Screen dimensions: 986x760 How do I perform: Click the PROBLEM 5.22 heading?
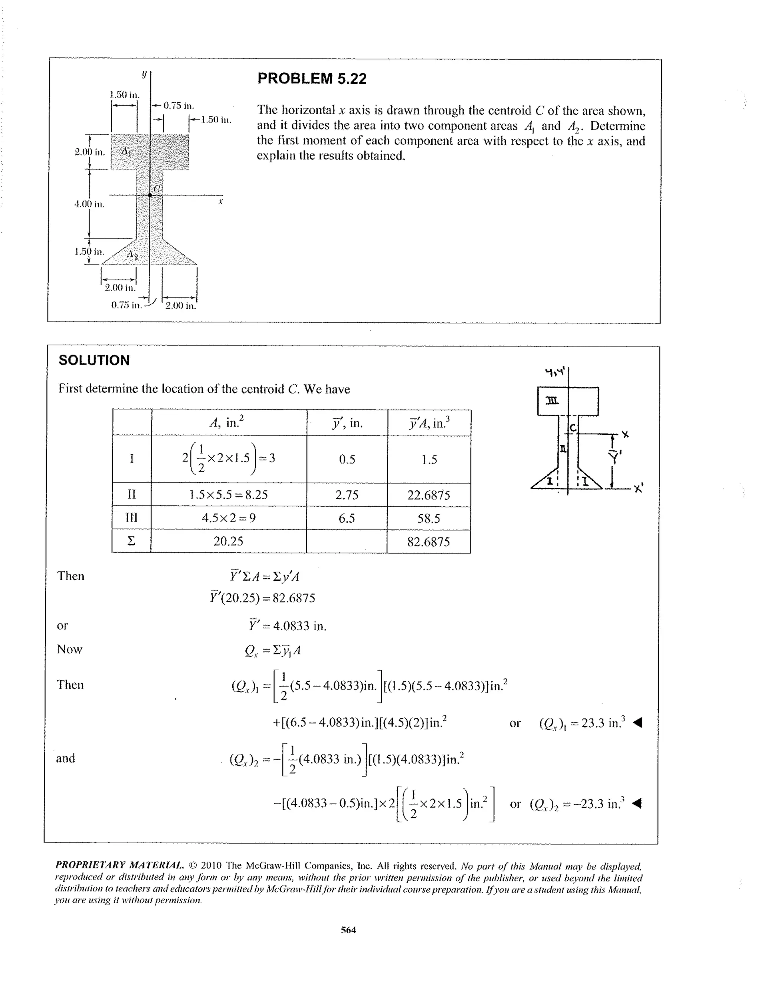coord(312,79)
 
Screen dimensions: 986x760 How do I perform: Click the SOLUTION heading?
coord(94,360)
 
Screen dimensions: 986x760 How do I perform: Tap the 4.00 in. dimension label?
coord(89,204)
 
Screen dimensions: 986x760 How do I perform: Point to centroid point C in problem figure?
coord(150,195)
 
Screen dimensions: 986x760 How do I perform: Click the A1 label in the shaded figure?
coord(127,151)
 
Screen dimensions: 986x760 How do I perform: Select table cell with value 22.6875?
coord(429,495)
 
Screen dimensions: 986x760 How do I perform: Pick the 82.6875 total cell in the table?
coord(429,542)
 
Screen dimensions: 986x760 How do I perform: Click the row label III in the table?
coord(131,518)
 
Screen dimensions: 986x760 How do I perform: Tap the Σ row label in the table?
coord(131,541)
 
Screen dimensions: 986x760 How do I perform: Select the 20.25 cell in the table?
coord(228,541)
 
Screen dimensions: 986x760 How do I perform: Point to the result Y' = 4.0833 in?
coord(287,626)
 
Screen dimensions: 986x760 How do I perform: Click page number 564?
coord(348,930)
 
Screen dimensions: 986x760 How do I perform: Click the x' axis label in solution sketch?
coord(638,489)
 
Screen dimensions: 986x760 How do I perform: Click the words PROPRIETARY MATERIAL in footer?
coord(119,865)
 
